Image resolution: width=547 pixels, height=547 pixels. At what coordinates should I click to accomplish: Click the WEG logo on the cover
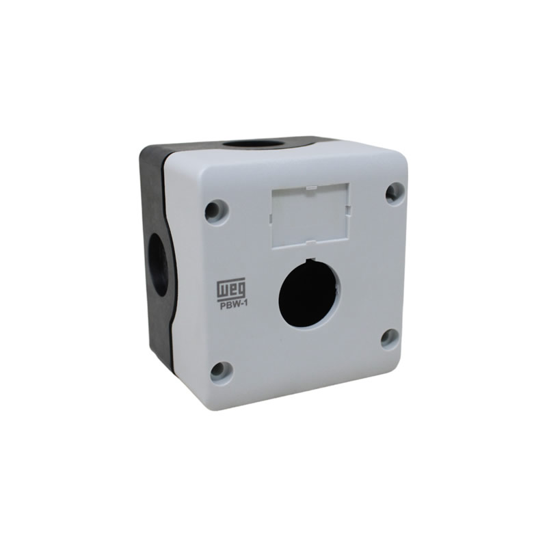pos(231,289)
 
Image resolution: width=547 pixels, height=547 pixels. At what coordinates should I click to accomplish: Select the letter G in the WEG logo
pos(241,288)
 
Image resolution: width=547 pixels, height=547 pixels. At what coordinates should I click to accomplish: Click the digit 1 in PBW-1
pos(245,306)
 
